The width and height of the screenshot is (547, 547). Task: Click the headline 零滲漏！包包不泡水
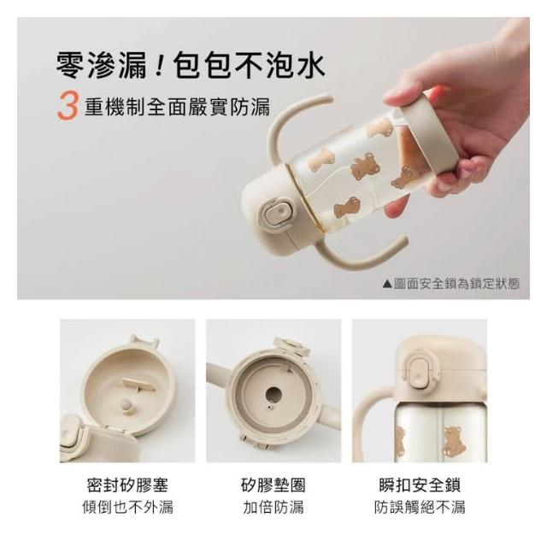tap(191, 65)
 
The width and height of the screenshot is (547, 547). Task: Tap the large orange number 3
tap(68, 106)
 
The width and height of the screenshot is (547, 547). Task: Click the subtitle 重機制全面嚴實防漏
tap(177, 107)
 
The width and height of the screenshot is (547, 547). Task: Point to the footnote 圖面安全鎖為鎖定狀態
tap(456, 284)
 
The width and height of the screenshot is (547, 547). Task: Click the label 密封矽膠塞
tap(127, 485)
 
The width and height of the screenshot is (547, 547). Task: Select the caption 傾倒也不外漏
tap(127, 507)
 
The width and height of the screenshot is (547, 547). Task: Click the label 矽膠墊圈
tap(273, 485)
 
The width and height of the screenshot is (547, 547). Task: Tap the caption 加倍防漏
tap(273, 507)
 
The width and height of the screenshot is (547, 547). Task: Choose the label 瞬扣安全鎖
tap(420, 485)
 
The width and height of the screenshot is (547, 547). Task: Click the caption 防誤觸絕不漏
tap(420, 507)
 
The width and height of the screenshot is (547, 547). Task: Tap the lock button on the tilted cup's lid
tap(275, 215)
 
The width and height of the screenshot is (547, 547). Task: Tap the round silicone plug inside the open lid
tap(126, 406)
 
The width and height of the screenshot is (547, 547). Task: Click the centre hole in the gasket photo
tap(273, 395)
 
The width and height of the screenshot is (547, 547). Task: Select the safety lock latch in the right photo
tap(418, 373)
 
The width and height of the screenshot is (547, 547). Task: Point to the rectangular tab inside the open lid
tap(138, 384)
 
